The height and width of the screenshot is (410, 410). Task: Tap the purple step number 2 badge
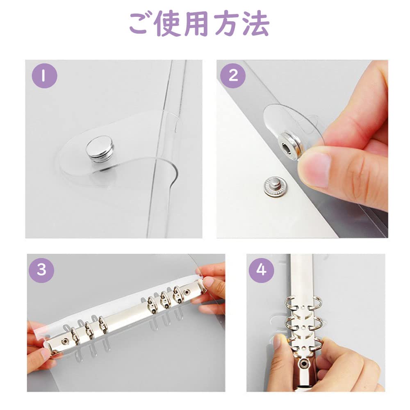(233, 75)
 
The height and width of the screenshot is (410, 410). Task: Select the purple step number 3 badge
(41, 270)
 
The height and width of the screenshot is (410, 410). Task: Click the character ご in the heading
(141, 24)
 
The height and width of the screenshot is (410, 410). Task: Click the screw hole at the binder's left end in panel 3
(64, 340)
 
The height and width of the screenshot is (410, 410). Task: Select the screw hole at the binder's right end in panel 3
(187, 292)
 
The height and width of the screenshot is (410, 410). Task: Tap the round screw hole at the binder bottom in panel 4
(304, 363)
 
